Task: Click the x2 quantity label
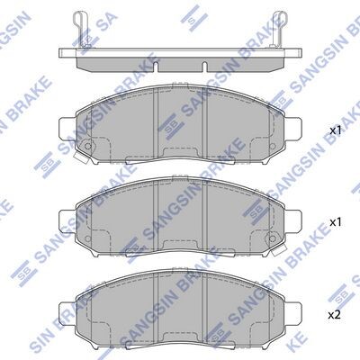[x=334, y=315]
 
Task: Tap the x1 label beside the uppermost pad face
[x=336, y=130]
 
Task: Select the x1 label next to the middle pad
[x=336, y=222]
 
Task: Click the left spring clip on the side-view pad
[x=81, y=29]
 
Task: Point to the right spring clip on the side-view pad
[x=279, y=29]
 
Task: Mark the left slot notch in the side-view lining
[x=156, y=67]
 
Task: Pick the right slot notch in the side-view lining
[x=204, y=67]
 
